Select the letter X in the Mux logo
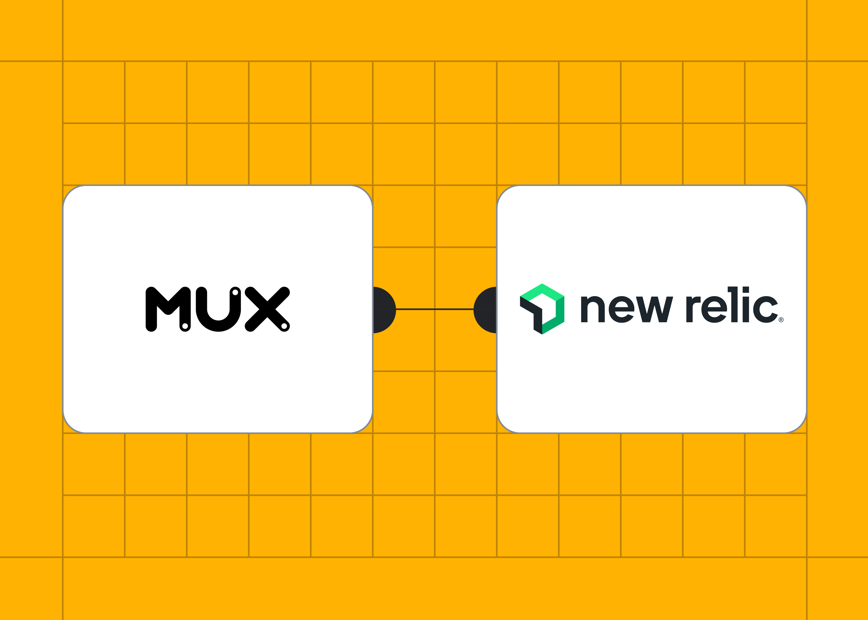[x=267, y=309]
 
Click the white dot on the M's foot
[x=185, y=326]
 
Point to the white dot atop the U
[x=235, y=292]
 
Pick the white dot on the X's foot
[x=284, y=326]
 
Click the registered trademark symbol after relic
[x=781, y=320]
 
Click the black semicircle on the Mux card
[x=384, y=310]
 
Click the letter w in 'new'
[x=654, y=310]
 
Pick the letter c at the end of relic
[x=764, y=310]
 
